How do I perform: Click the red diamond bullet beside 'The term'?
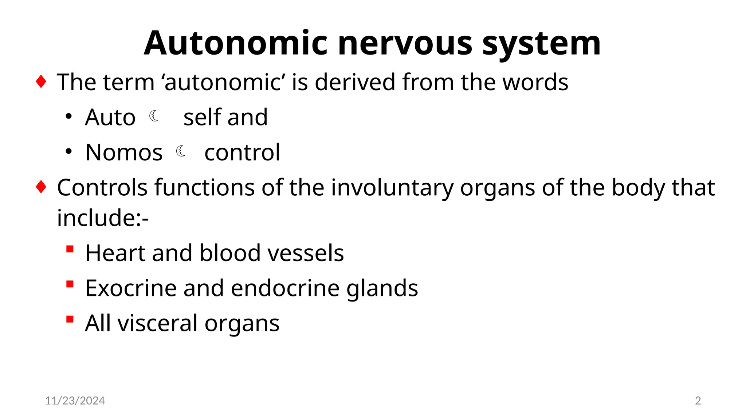41,81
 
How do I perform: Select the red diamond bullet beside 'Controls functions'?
41,187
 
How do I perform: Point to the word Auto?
110,117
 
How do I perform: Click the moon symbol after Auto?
154,116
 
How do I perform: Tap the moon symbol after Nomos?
181,151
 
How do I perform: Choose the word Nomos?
124,152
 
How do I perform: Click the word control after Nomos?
242,152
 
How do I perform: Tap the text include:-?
103,218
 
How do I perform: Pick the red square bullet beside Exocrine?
70,284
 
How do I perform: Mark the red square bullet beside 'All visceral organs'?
70,319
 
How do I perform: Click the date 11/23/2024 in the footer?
75,400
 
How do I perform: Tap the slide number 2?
698,400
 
